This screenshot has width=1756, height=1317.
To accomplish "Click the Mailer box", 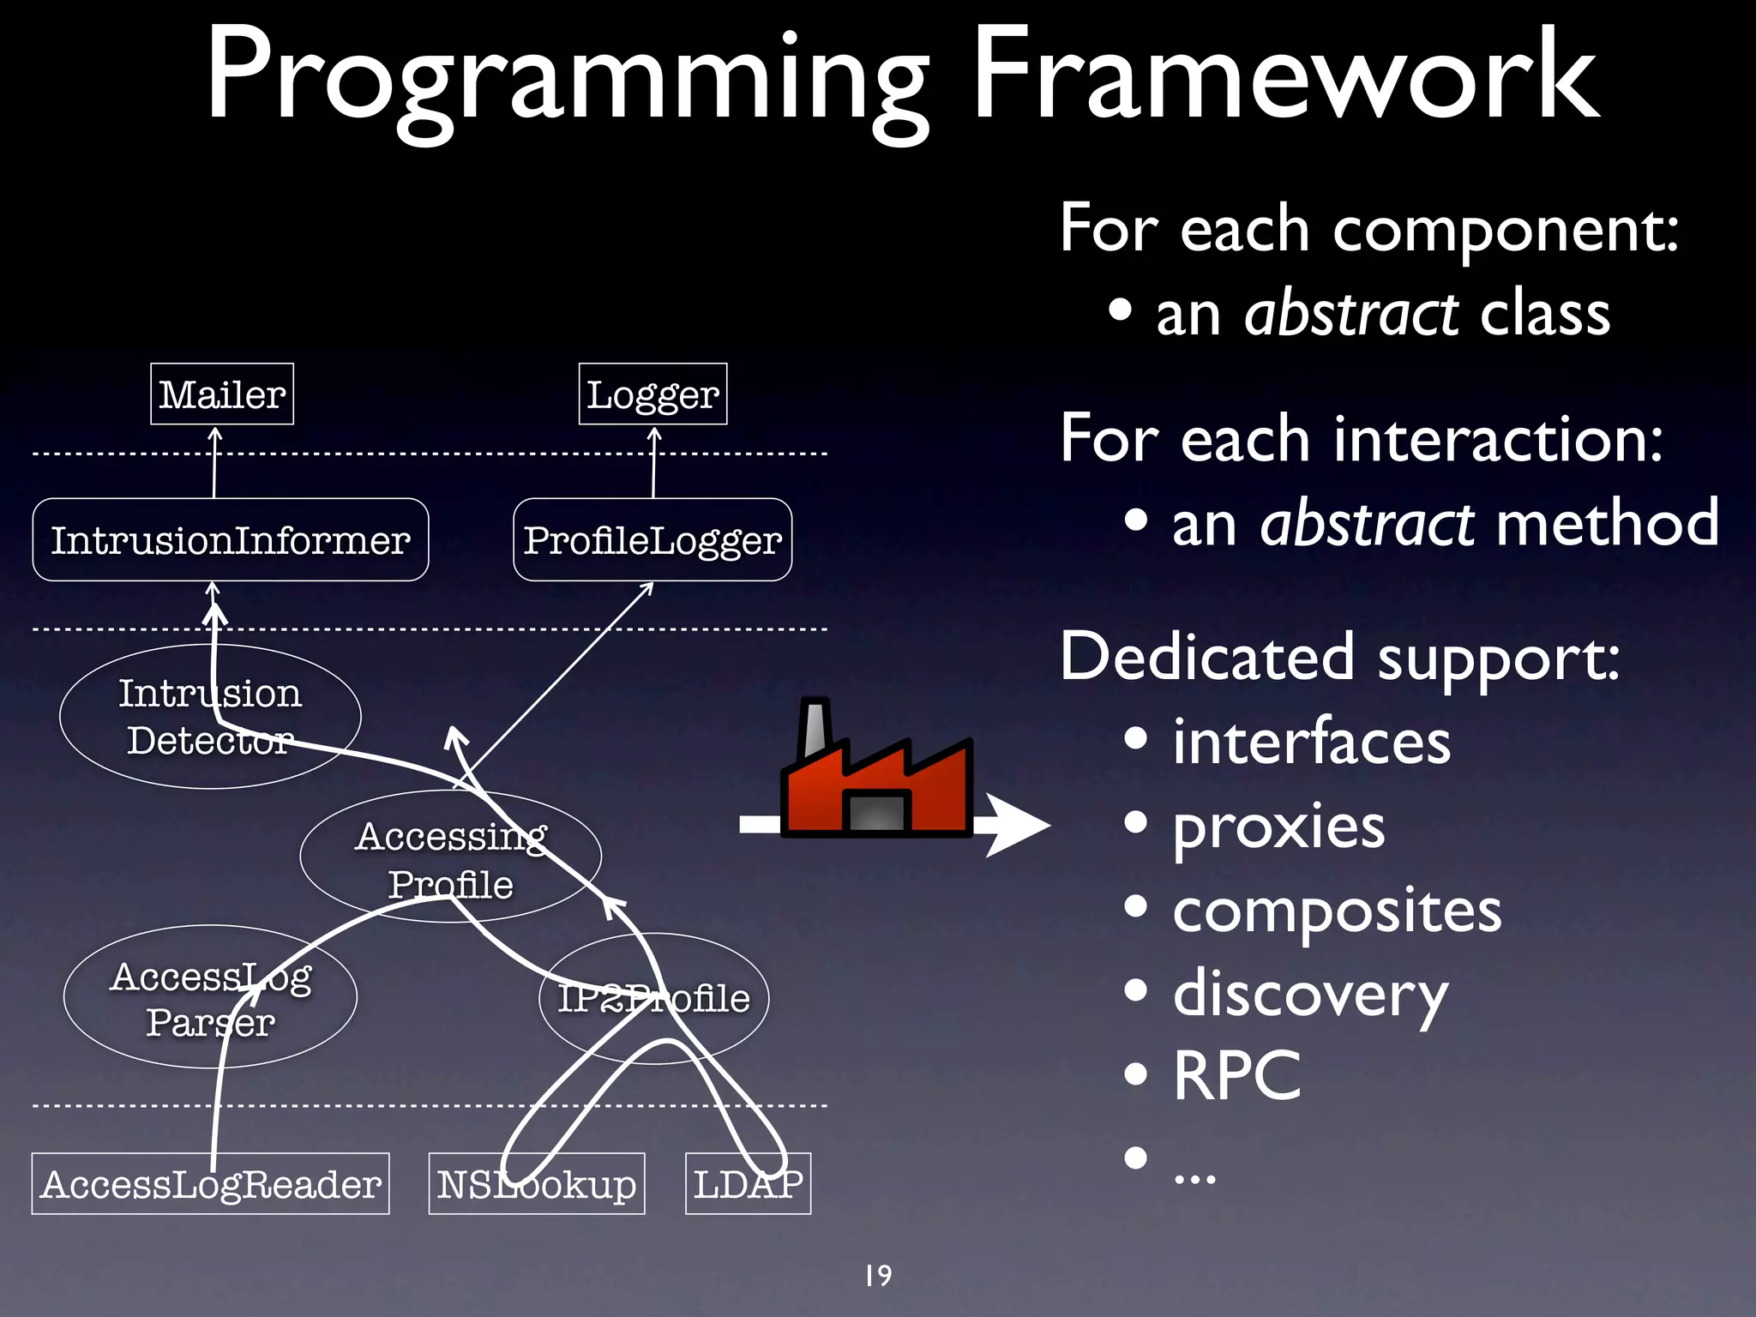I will pyautogui.click(x=221, y=394).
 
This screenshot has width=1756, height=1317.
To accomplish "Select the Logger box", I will pyautogui.click(x=652, y=394).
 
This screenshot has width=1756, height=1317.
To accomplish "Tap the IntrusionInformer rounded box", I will pyautogui.click(x=230, y=540).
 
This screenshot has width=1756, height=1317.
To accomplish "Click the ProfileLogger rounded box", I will pyautogui.click(x=652, y=540).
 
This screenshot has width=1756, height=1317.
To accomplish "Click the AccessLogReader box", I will pyautogui.click(x=210, y=1184).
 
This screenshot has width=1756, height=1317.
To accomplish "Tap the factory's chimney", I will pyautogui.click(x=815, y=729).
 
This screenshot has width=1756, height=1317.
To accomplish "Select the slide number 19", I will pyautogui.click(x=878, y=1276).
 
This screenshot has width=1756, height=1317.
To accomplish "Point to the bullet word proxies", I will pyautogui.click(x=1278, y=827).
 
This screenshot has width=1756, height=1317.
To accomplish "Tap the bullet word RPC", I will pyautogui.click(x=1236, y=1076).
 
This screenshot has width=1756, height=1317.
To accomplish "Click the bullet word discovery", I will pyautogui.click(x=1309, y=995).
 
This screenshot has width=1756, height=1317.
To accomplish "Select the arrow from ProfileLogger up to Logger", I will pyautogui.click(x=653, y=463).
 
